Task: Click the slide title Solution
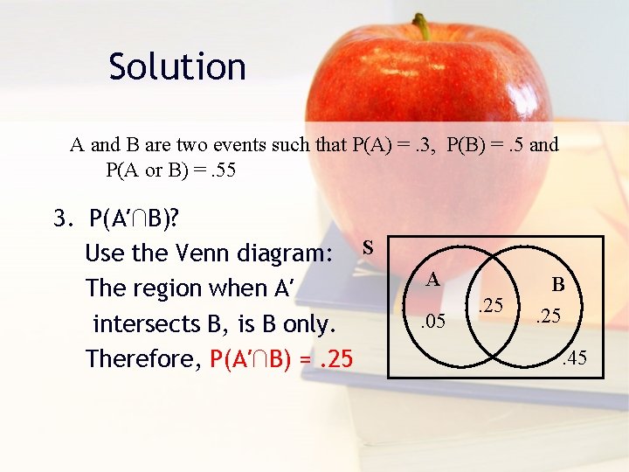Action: point(177,66)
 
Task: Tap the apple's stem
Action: point(423,26)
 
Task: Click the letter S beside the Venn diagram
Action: point(369,248)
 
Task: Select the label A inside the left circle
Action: point(432,280)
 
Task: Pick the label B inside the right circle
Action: point(557,285)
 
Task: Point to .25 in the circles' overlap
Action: point(492,305)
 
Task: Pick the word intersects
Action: point(154,323)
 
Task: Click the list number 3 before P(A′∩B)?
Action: point(61,219)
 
